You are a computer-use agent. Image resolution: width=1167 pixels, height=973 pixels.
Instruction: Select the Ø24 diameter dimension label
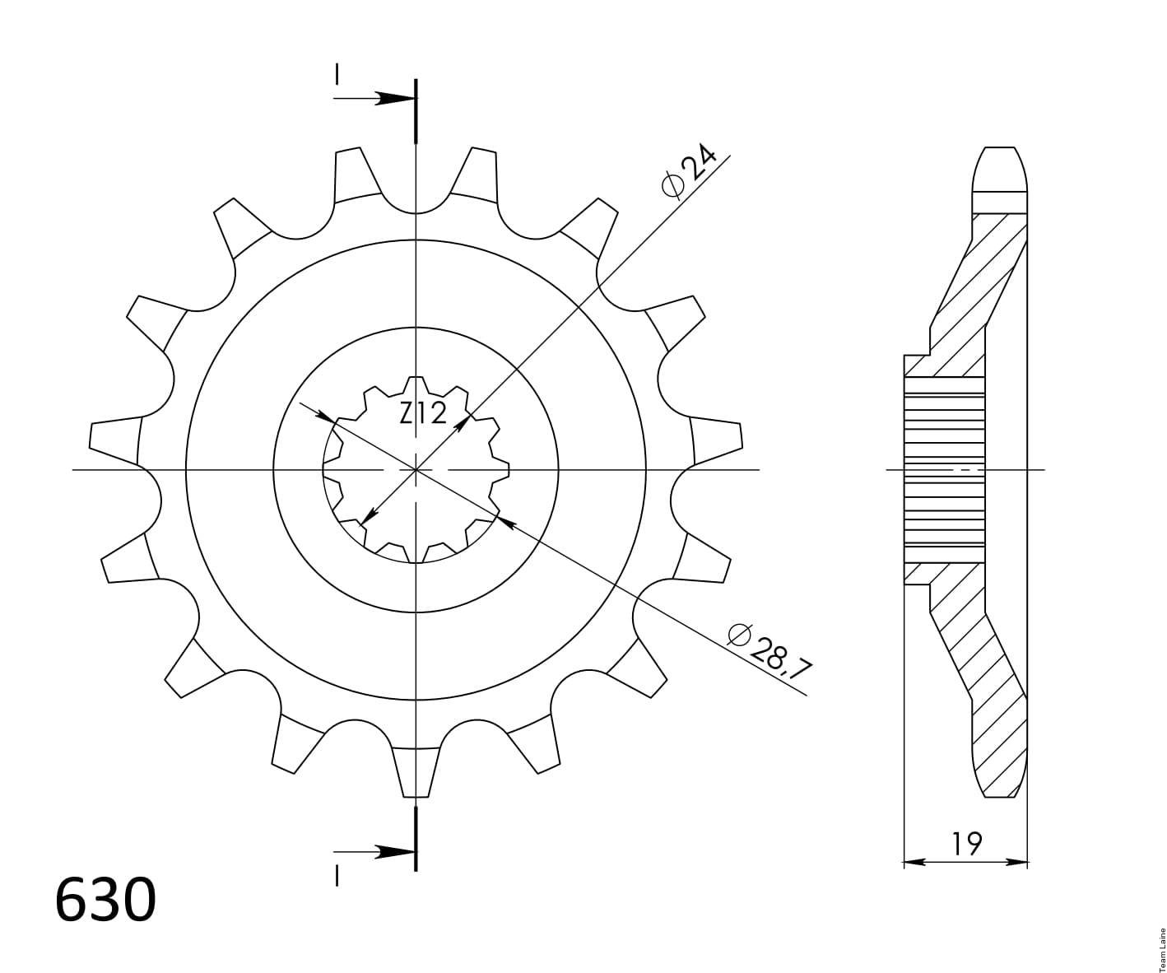point(689,171)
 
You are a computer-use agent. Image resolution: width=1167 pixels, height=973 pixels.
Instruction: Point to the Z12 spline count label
point(423,414)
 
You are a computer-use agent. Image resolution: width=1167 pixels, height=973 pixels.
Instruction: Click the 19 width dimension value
point(966,844)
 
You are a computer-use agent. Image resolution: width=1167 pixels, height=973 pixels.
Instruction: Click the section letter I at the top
point(337,74)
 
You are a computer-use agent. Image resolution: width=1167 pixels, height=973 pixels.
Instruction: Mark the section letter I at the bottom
point(337,875)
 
